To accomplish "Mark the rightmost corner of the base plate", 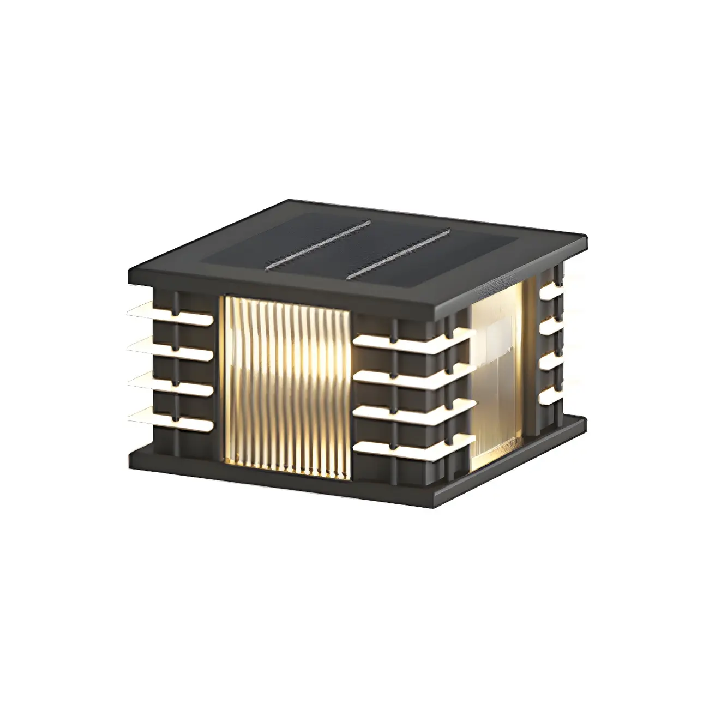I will (x=586, y=423).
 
